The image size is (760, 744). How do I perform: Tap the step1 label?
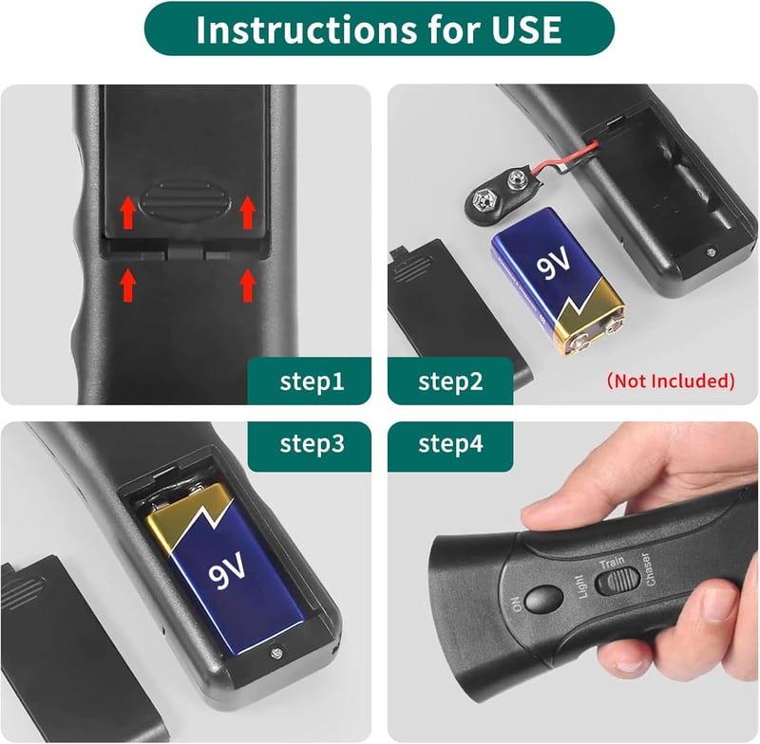pos(313,381)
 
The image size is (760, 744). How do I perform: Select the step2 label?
pos(450,381)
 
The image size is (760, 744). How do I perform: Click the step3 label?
pos(313,443)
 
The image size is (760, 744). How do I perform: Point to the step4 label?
pos(450,443)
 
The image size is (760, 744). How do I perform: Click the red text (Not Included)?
pos(671,381)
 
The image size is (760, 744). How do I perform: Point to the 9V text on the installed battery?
pos(227,568)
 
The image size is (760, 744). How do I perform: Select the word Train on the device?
pos(612,563)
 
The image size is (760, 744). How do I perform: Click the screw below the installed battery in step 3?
pos(277,654)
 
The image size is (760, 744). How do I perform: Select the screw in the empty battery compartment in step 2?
pos(712,251)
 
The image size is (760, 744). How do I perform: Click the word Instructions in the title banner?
pos(307,29)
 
